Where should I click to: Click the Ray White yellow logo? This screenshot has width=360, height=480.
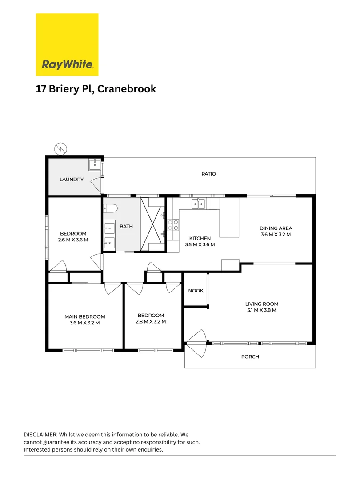pyautogui.click(x=67, y=44)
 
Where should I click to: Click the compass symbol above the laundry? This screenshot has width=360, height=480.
pyautogui.click(x=60, y=148)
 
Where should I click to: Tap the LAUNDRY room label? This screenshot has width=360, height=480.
pyautogui.click(x=72, y=180)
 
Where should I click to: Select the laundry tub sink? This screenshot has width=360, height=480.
pyautogui.click(x=95, y=165)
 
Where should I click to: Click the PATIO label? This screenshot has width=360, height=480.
pyautogui.click(x=208, y=174)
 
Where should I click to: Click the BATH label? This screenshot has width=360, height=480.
pyautogui.click(x=126, y=226)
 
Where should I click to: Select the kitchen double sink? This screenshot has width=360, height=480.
pyautogui.click(x=198, y=204)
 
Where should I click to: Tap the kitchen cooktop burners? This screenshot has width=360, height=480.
pyautogui.click(x=173, y=225)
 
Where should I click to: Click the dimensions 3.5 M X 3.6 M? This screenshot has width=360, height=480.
pyautogui.click(x=200, y=244)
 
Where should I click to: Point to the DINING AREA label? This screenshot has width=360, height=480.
pyautogui.click(x=276, y=228)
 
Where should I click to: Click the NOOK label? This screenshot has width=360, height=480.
pyautogui.click(x=196, y=291)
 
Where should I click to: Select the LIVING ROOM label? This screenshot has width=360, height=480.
pyautogui.click(x=262, y=304)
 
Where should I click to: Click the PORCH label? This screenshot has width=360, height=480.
pyautogui.click(x=250, y=356)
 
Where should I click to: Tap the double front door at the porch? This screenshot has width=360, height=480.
pyautogui.click(x=196, y=343)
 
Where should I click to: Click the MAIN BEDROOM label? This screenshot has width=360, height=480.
pyautogui.click(x=84, y=317)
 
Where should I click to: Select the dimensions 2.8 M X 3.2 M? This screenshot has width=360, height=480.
pyautogui.click(x=151, y=321)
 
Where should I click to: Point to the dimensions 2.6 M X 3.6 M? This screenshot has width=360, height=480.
pyautogui.click(x=73, y=240)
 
